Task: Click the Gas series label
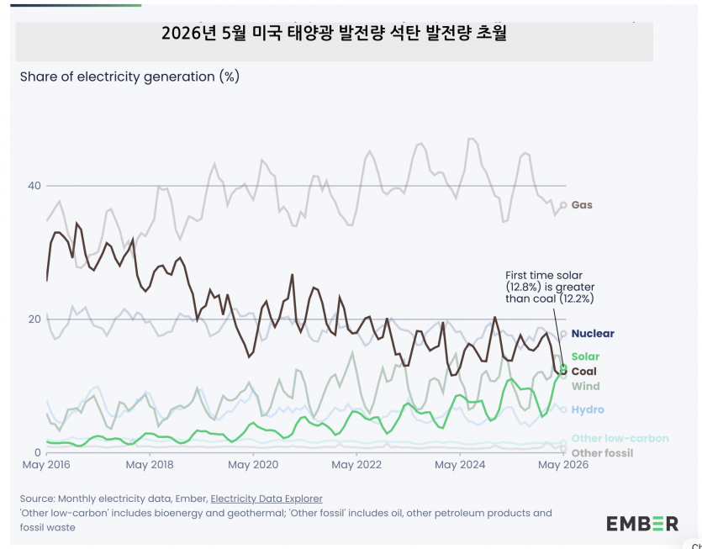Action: pyautogui.click(x=582, y=205)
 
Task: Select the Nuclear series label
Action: pyautogui.click(x=593, y=334)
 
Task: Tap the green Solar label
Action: pyautogui.click(x=586, y=356)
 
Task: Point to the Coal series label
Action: pyautogui.click(x=584, y=372)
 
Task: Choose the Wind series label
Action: pyautogui.click(x=586, y=386)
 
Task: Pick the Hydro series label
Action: pyautogui.click(x=588, y=409)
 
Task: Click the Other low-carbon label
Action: pyautogui.click(x=620, y=438)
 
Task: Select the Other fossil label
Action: pyautogui.click(x=603, y=453)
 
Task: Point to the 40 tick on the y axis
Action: pyautogui.click(x=34, y=186)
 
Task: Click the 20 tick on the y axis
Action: pyautogui.click(x=34, y=319)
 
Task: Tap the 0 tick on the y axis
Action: pyautogui.click(x=38, y=452)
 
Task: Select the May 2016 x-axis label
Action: pyautogui.click(x=46, y=465)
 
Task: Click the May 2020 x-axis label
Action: pyautogui.click(x=253, y=465)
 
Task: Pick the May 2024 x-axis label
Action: pyautogui.click(x=460, y=465)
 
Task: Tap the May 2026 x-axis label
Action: pyautogui.click(x=563, y=465)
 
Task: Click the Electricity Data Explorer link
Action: pyautogui.click(x=267, y=499)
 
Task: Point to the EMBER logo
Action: pyautogui.click(x=642, y=524)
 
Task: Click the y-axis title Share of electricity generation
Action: pyautogui.click(x=129, y=77)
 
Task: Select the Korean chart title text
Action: pyautogui.click(x=334, y=34)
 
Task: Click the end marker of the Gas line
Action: pyautogui.click(x=563, y=205)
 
